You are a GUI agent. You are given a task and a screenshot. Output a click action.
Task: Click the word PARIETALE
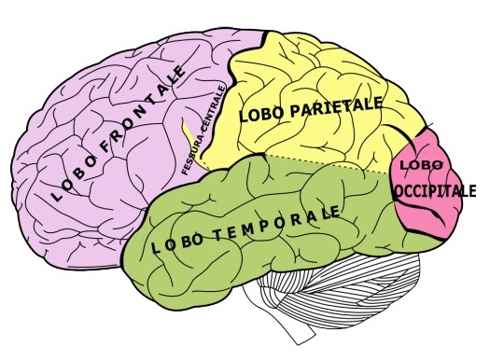(336, 107)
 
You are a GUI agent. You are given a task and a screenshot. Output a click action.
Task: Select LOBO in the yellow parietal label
(262, 115)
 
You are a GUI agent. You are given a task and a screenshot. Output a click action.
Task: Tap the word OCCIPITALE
(435, 191)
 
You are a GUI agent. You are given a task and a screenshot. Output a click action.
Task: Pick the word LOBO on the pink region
(422, 165)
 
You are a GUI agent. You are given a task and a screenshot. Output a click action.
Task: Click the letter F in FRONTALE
(107, 145)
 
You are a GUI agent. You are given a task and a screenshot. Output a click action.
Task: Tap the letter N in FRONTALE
(143, 114)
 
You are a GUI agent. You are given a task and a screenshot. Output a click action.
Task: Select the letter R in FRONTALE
(119, 134)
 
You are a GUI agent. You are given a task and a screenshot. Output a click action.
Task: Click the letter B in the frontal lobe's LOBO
(79, 173)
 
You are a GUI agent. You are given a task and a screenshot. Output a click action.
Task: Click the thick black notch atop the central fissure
(265, 38)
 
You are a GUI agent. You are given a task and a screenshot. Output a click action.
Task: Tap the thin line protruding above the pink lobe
(428, 126)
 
